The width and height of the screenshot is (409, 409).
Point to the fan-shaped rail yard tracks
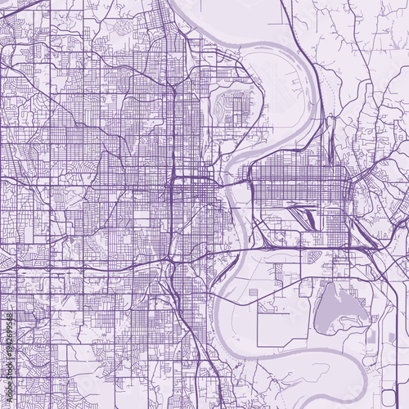(306, 217)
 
